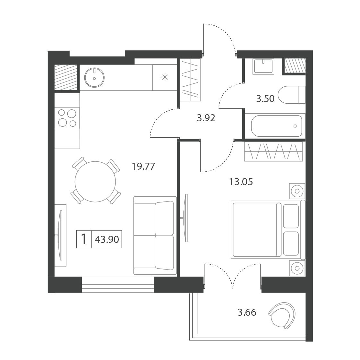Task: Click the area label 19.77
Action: [143, 166]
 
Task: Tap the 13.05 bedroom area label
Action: [241, 182]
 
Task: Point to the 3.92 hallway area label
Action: [206, 118]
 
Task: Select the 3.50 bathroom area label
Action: [265, 99]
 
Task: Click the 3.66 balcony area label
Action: [247, 313]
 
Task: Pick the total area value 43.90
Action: [107, 239]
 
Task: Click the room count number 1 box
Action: [84, 239]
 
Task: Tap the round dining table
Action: [95, 182]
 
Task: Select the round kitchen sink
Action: [94, 78]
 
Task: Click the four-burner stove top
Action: [67, 118]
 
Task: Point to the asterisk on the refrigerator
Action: [165, 77]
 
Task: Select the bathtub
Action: [275, 126]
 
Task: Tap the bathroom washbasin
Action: [263, 66]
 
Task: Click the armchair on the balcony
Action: [282, 315]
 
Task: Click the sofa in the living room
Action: [155, 236]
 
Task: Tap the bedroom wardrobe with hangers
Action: [273, 151]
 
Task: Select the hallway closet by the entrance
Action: [190, 80]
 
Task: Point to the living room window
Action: [118, 285]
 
